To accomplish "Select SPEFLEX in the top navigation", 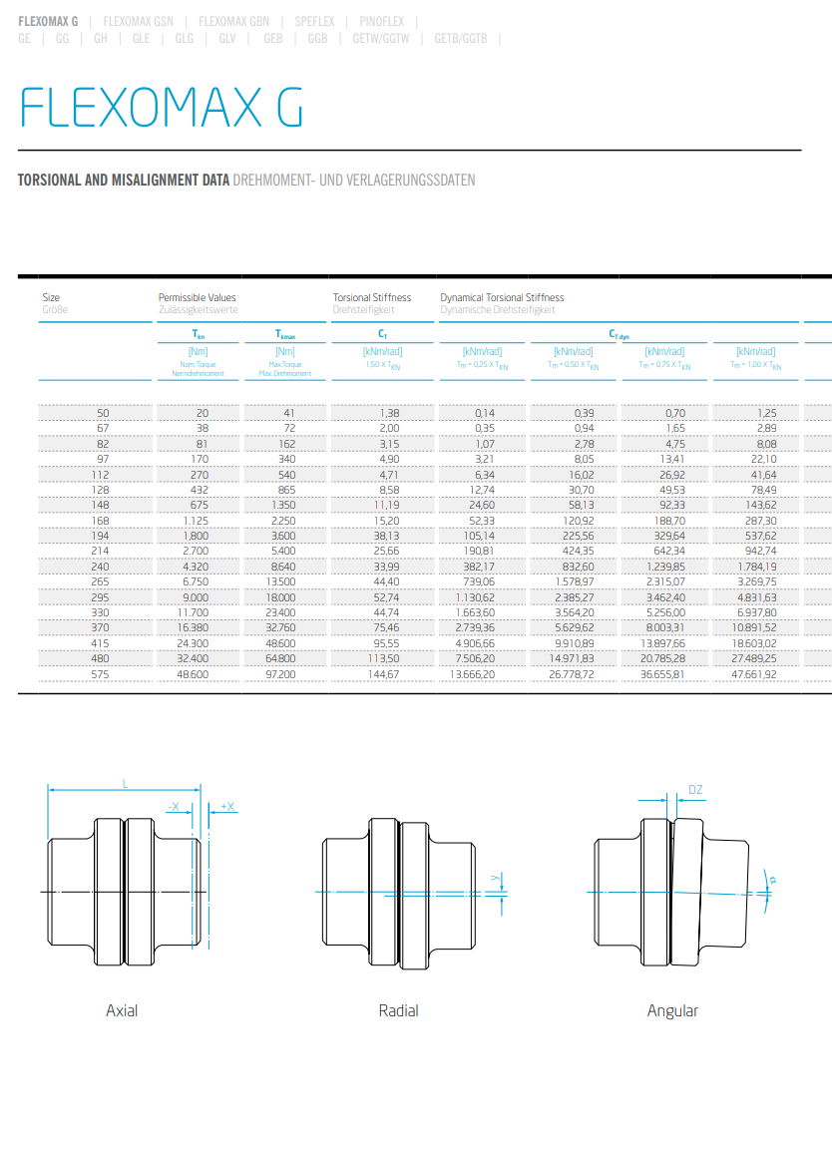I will coord(314,20).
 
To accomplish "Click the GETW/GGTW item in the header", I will coord(380,39).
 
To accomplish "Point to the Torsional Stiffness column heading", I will coord(371,297).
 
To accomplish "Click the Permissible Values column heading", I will coord(197,297).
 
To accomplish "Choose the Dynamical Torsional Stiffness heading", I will coord(502,297).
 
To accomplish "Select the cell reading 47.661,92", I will coord(754,675).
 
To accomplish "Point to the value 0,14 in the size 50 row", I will coord(485,413).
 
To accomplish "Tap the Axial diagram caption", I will coord(122,1010).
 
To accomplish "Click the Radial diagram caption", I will coord(398,1010).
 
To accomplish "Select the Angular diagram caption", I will coord(672,1010).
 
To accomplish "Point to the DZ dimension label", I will coord(695,790).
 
